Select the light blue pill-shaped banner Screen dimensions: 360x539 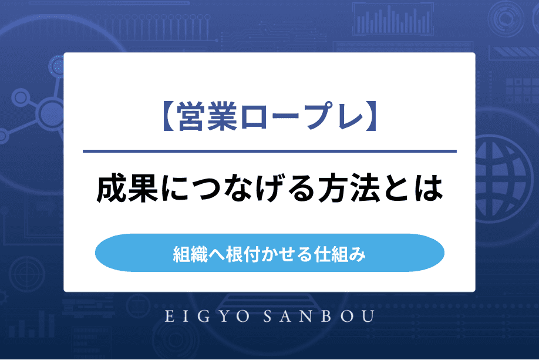[269, 253]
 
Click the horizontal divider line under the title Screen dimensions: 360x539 [269, 152]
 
